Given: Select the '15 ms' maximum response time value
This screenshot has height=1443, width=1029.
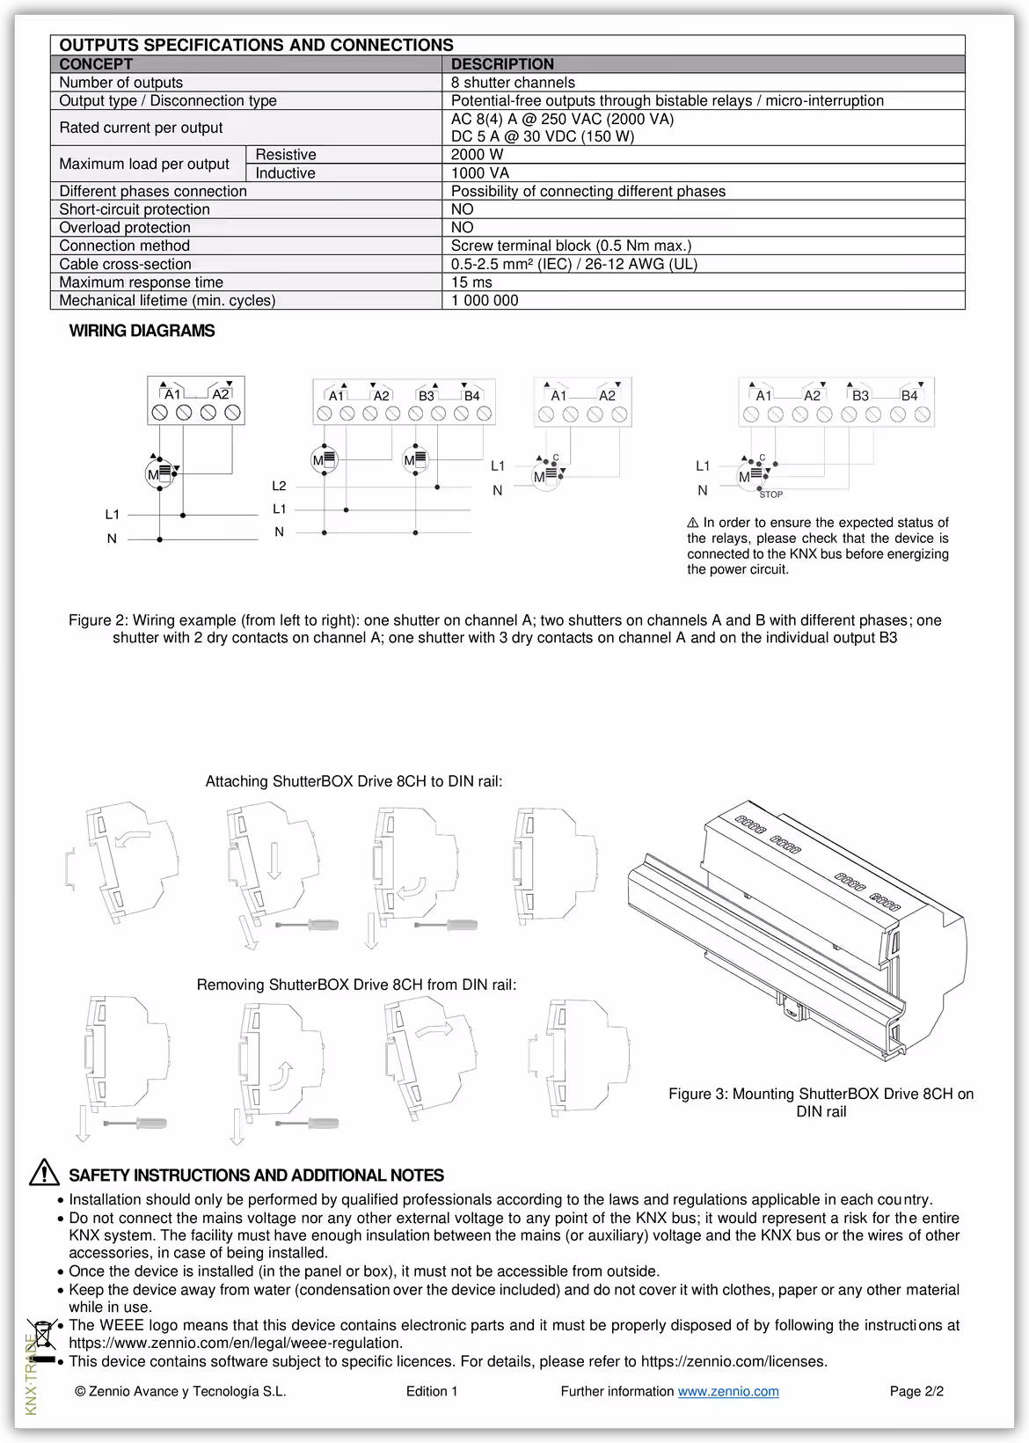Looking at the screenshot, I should [x=471, y=282].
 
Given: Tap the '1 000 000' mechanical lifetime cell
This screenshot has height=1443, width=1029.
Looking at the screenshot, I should [x=485, y=301].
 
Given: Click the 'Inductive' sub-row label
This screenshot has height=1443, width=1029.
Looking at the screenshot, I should [x=285, y=173].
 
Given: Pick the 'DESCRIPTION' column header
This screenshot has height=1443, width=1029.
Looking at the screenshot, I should [x=502, y=64].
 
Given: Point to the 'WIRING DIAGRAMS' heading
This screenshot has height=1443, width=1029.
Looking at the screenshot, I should [x=142, y=332].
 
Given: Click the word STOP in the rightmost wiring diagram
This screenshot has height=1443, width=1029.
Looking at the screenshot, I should [x=770, y=494].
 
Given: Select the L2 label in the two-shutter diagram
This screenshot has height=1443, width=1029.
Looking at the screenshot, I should [x=279, y=486].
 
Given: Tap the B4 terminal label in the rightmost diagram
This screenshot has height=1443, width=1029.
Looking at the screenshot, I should [x=909, y=396].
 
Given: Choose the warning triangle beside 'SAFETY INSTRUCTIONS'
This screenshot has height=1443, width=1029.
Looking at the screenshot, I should [x=44, y=1174].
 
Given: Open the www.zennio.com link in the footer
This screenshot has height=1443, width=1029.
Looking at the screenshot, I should [x=727, y=1391].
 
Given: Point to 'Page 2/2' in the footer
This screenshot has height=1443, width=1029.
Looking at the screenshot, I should [x=916, y=1391].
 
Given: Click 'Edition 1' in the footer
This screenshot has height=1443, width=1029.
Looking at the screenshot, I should [x=432, y=1391].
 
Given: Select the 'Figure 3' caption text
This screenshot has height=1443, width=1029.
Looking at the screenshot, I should [x=821, y=1102].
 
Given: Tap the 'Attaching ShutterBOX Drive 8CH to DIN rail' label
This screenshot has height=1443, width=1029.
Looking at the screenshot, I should [x=354, y=781].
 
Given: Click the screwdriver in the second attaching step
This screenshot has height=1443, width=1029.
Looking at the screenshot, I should [x=308, y=925].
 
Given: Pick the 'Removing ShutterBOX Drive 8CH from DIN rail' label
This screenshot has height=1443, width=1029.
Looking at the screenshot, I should [x=356, y=985].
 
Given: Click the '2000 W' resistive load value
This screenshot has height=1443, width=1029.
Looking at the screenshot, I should [x=477, y=155].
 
